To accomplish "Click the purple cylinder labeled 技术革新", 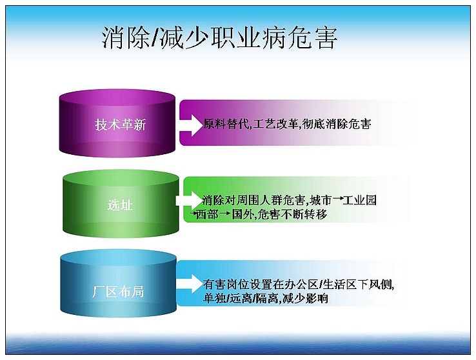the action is tap(117, 123).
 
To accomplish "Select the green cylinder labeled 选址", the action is tap(121, 204).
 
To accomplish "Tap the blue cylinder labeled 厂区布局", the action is tap(119, 283).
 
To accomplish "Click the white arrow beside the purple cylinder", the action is tap(192, 125).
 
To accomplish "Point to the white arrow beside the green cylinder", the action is tap(189, 201).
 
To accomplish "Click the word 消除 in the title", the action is tap(125, 38).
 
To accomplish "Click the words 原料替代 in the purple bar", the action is tap(226, 124).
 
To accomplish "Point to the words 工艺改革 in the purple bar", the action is tap(275, 124).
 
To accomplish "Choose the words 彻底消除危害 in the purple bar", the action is tap(337, 124).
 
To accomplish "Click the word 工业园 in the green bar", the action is tap(359, 200).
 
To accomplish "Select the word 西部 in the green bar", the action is tap(207, 214).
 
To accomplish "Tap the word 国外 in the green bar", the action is tap(243, 214).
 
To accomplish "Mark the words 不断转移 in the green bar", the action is tap(304, 214).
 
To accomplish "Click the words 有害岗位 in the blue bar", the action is tap(226, 284).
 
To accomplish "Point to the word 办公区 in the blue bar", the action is tap(301, 284).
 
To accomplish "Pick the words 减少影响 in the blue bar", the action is tap(305, 299).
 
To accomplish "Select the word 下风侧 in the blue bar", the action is tap(375, 284).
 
